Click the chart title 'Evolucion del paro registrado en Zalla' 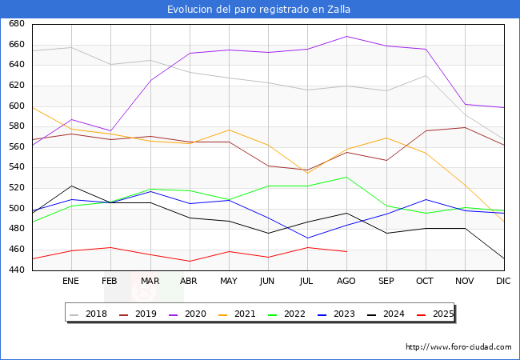point(259,10)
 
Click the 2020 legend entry point(195,314)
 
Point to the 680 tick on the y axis point(15,24)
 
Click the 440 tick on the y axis point(15,270)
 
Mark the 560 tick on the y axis point(15,147)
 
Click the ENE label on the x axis point(71,282)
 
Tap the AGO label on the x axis point(346,282)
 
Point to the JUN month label point(268,282)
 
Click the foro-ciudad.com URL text point(458,347)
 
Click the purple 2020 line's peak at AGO point(346,36)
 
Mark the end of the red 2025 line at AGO point(346,251)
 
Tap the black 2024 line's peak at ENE point(71,186)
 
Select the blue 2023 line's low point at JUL point(307,238)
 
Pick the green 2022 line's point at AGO point(346,177)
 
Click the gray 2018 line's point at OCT point(426,75)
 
